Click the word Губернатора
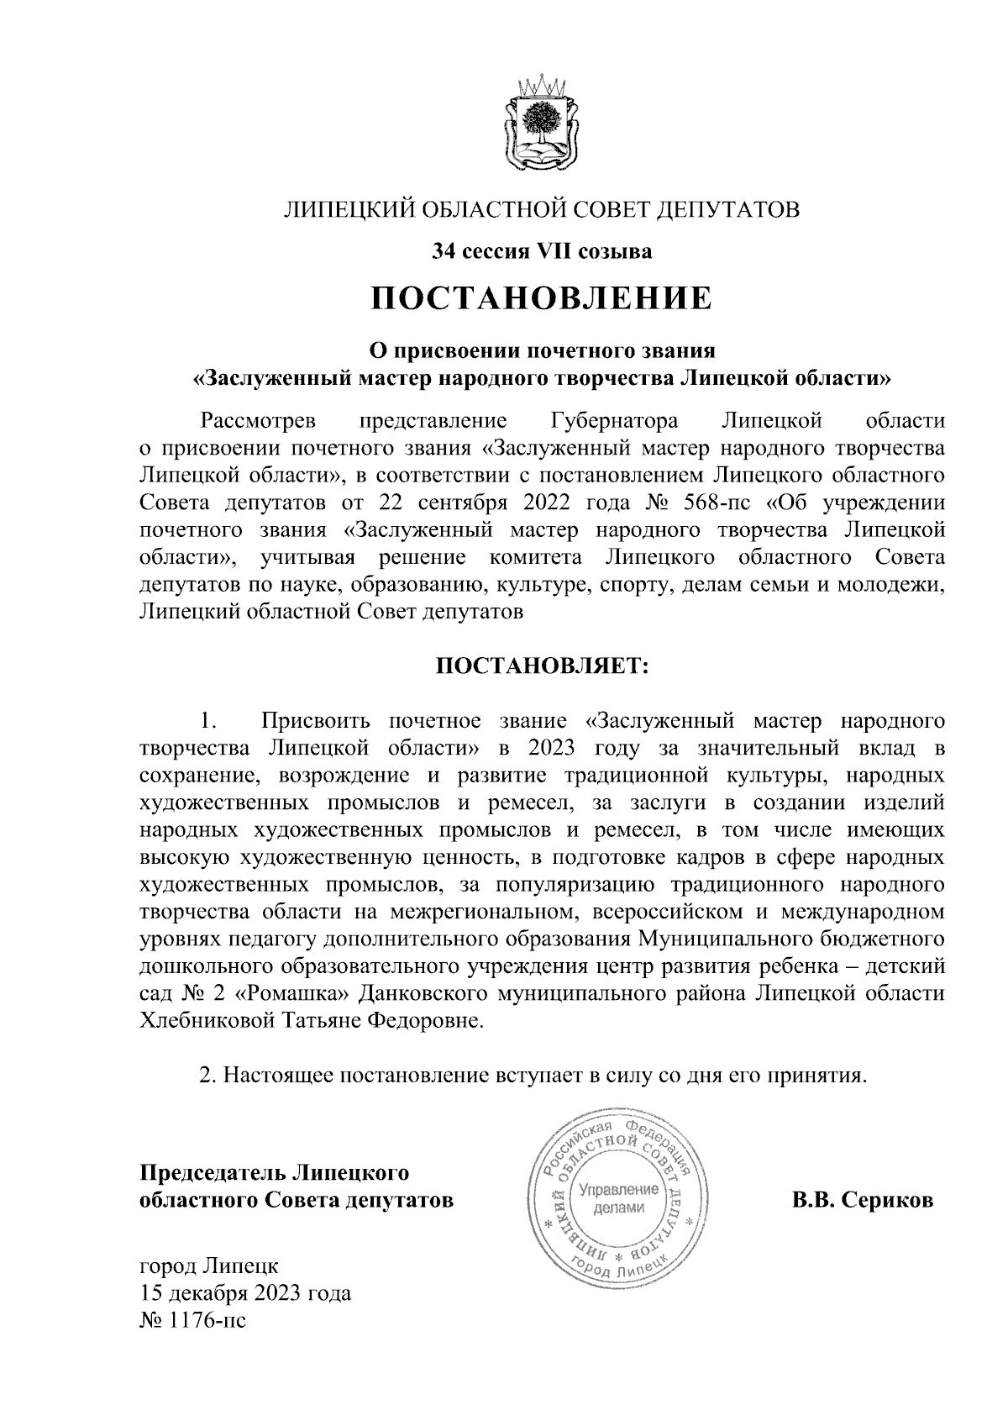(x=616, y=420)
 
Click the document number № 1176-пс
(x=192, y=1321)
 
